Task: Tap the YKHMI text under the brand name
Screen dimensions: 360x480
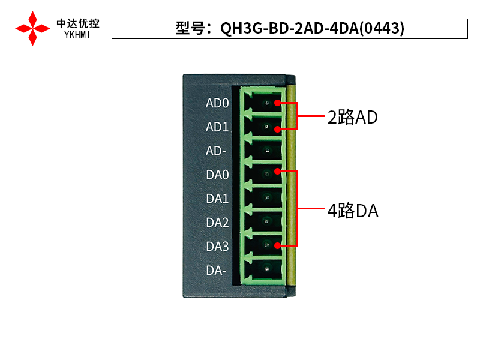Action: tap(78, 35)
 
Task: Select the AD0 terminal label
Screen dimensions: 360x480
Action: tap(217, 103)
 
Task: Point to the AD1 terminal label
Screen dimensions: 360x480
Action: tap(217, 127)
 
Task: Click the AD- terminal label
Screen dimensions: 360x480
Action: tap(216, 151)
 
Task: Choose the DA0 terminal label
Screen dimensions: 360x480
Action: tap(217, 175)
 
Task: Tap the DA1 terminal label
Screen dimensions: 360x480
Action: tap(217, 199)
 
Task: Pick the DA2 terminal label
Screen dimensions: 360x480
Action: tap(217, 223)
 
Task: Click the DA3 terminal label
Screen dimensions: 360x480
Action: tap(217, 247)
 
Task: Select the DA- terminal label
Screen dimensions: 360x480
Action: tap(216, 271)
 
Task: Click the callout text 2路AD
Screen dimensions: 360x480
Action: tap(352, 117)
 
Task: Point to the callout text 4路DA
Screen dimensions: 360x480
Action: tap(353, 211)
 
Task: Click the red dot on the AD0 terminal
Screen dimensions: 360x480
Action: tap(277, 103)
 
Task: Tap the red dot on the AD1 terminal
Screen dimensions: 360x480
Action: tap(277, 127)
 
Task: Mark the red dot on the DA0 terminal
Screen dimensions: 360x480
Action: tap(277, 172)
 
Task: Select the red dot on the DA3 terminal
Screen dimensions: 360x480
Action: tap(277, 245)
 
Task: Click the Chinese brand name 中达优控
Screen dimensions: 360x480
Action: tap(78, 24)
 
